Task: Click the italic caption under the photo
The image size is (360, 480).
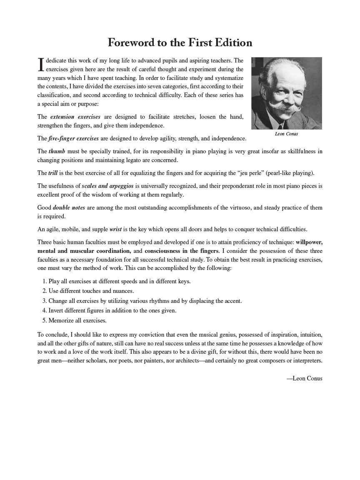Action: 287,134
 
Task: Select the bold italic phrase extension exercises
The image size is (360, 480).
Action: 75,117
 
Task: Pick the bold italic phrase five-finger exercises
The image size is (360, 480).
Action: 74,138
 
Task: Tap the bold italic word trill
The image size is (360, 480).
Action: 53,173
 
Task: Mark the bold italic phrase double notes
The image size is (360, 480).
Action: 69,207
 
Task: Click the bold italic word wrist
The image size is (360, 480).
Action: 115,229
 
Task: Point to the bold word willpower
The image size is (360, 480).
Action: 309,242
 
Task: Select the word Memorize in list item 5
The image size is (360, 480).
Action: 62,320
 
